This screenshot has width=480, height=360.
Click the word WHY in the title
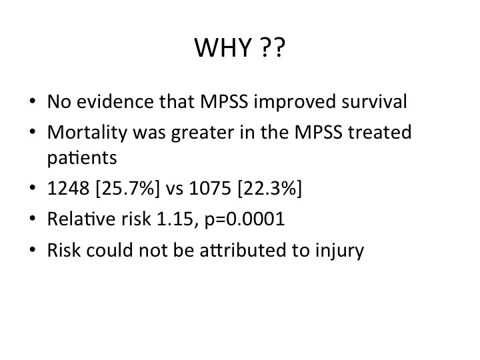pyautogui.click(x=223, y=47)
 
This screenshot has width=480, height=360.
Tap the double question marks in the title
pyautogui.click(x=274, y=47)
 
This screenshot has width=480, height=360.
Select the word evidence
pyautogui.click(x=115, y=101)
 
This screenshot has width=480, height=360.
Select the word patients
pyautogui.click(x=82, y=158)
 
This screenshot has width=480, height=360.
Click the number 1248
pyautogui.click(x=68, y=187)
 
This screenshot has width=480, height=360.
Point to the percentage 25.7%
pyautogui.click(x=127, y=187)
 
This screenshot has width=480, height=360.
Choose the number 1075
pyautogui.click(x=210, y=187)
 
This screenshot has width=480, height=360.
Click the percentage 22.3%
pyautogui.click(x=269, y=187)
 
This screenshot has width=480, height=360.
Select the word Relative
pyautogui.click(x=82, y=219)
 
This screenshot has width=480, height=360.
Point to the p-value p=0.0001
pyautogui.click(x=245, y=220)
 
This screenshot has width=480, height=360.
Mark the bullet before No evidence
pyautogui.click(x=33, y=101)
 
